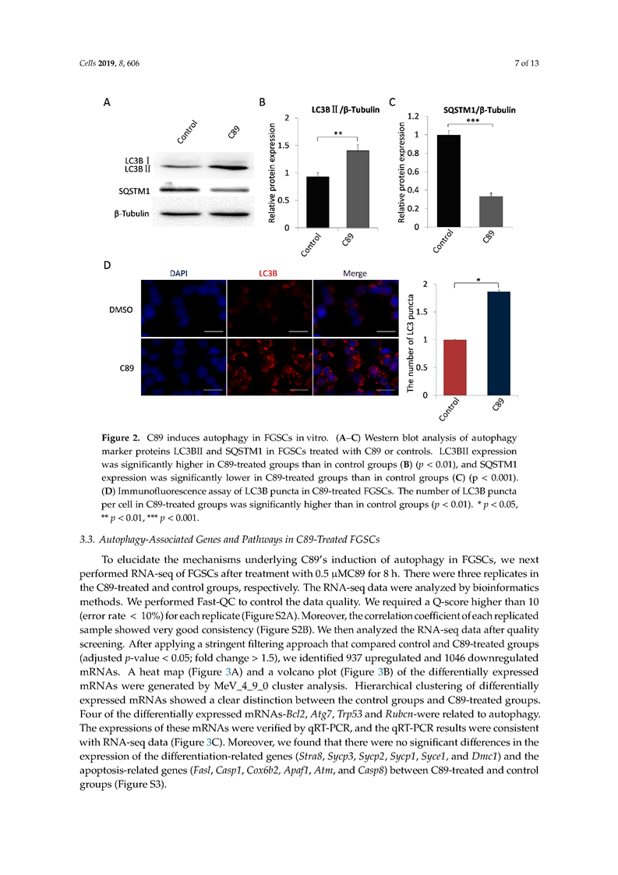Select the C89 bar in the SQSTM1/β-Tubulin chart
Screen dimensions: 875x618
point(491,211)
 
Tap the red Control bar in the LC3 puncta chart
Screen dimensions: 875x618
point(454,367)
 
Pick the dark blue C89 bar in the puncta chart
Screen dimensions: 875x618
point(498,343)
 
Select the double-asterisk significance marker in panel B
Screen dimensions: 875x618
point(337,134)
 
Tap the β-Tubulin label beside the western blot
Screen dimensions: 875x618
point(129,214)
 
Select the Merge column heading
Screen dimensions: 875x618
point(355,273)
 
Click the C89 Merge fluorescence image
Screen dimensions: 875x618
point(355,365)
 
